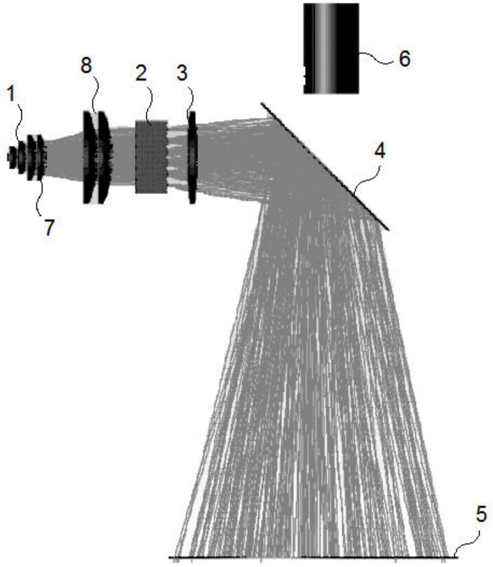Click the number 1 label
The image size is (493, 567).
(11, 94)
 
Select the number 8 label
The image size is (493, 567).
(86, 66)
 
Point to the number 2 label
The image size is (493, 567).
(141, 73)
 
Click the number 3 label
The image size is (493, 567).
(182, 73)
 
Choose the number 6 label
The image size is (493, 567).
(404, 58)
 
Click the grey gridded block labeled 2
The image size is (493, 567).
(152, 156)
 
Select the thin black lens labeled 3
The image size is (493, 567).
(192, 157)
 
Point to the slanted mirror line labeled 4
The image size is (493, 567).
(325, 166)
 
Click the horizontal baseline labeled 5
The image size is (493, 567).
(313, 557)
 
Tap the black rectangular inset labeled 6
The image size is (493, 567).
(331, 48)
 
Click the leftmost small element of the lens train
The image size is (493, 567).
(12, 157)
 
